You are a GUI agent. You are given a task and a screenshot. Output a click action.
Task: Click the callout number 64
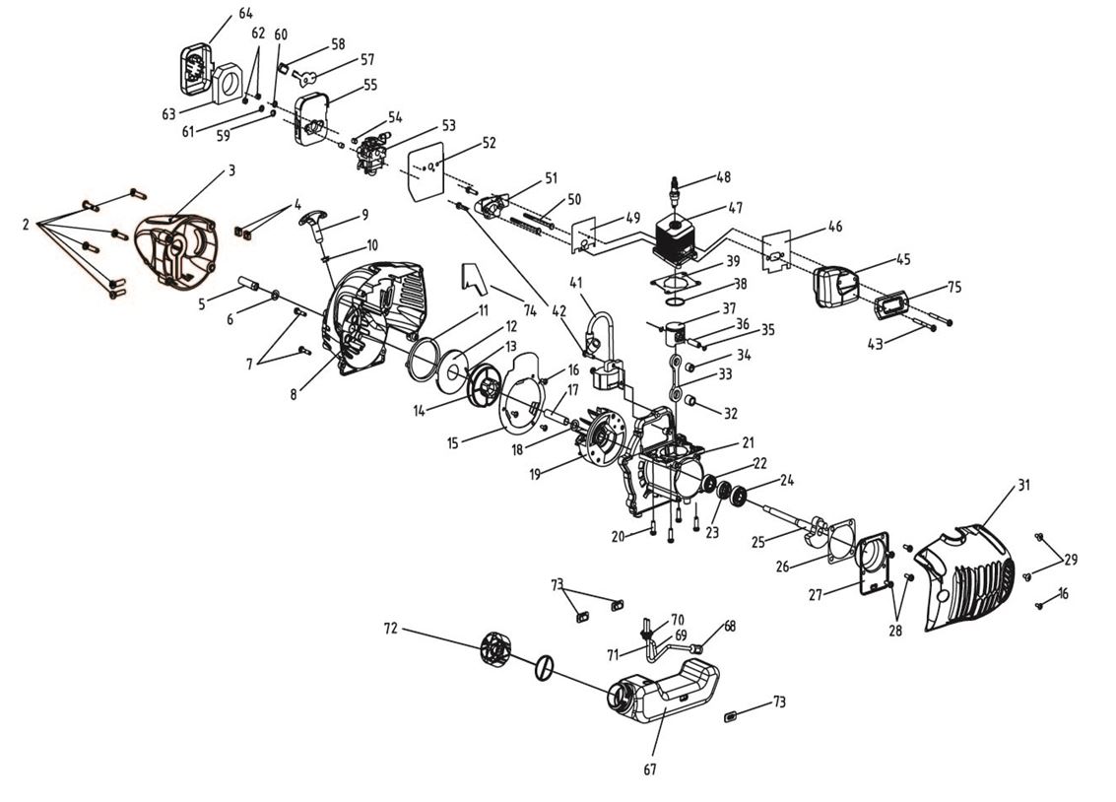245,13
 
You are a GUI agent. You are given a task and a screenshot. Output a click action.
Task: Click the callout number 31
1023,485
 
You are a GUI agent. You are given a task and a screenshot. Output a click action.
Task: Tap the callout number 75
953,288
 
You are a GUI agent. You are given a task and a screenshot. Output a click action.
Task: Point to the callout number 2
26,226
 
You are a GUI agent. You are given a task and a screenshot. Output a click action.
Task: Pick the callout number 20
618,536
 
